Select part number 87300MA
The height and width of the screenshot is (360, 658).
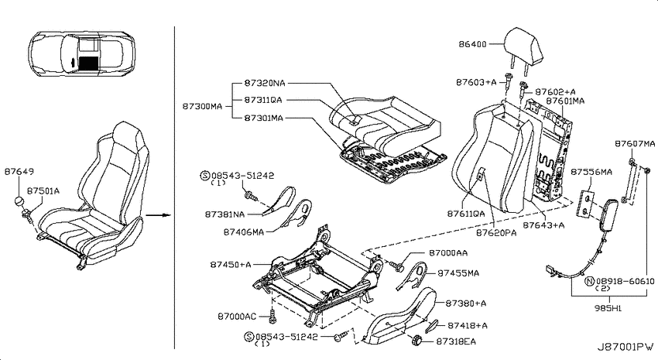coord(202,107)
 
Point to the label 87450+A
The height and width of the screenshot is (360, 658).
coord(231,265)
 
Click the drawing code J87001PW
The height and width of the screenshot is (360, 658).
coord(625,347)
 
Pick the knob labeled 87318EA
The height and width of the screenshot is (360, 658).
coord(416,339)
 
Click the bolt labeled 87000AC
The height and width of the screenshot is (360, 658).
coord(272,317)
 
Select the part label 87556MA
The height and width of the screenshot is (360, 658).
coord(591,172)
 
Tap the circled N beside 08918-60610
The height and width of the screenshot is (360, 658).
coord(590,282)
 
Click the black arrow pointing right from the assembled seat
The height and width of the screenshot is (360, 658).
coord(158,215)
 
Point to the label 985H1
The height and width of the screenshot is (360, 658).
coord(608,308)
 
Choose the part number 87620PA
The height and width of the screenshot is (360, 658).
coord(496,233)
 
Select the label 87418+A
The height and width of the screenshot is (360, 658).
coord(467,326)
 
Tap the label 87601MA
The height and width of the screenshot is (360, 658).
coord(565,101)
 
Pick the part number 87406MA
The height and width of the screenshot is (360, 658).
coord(243,232)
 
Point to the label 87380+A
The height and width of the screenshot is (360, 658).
coord(465,303)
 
